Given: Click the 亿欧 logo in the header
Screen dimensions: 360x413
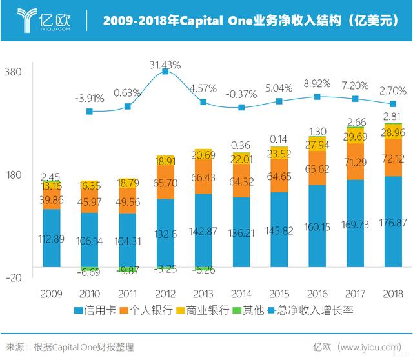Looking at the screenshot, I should (44, 20).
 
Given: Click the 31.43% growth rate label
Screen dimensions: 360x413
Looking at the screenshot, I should (165, 65).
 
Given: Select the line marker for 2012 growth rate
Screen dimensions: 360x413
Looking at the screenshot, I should (165, 72).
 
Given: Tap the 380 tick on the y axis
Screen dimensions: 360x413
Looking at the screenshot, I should (14, 72).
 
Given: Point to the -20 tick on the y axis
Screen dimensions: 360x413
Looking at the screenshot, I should (14, 277).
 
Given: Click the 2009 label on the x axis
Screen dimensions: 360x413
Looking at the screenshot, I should (51, 294).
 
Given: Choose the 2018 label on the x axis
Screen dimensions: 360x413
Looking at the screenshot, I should (392, 294).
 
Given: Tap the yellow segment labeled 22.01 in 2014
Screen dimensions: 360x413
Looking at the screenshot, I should (241, 159).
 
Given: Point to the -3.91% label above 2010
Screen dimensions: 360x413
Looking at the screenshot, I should (89, 98).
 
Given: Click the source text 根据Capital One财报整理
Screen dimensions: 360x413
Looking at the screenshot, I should (84, 347).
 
